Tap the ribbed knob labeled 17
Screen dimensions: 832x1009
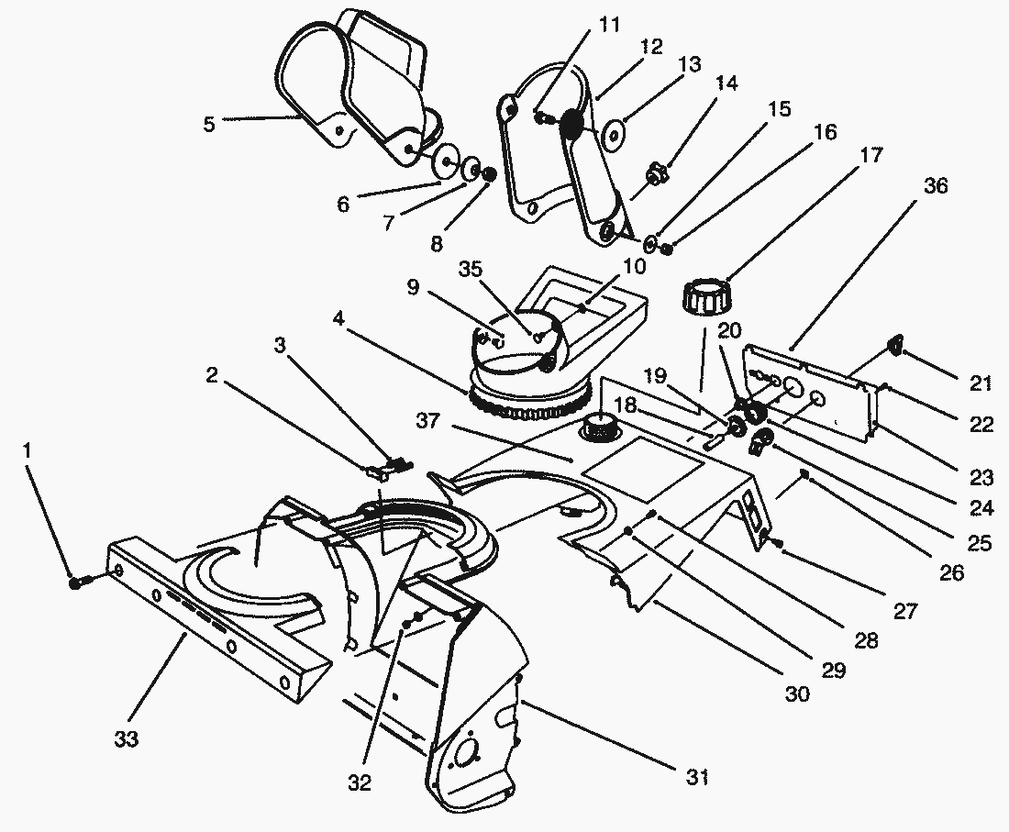705,299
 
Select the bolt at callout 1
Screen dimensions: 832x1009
77,582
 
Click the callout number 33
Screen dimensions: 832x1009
127,738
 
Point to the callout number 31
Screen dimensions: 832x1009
698,779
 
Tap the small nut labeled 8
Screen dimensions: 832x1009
489,173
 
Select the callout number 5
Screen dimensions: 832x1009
210,124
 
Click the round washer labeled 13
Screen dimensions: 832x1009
612,134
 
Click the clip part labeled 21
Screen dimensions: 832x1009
891,346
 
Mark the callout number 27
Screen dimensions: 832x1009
904,611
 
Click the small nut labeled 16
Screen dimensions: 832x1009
669,247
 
